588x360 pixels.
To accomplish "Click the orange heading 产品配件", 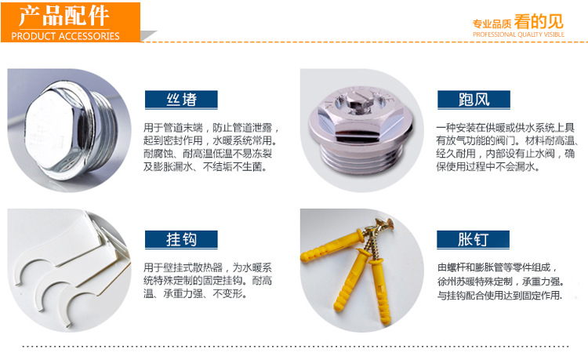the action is (64, 16).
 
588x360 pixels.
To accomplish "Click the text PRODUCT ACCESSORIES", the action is (65, 36).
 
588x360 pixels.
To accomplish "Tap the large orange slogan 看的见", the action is (539, 21).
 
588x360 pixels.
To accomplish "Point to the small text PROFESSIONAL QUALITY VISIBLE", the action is (518, 35).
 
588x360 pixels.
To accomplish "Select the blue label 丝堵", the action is (181, 100).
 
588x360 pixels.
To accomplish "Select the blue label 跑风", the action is (474, 100).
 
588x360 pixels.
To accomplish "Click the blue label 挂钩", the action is (181, 239).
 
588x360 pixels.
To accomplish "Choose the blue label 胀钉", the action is (473, 239).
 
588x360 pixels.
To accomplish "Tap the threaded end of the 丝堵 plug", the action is (104, 131).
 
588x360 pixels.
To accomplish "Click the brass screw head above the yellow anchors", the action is (383, 227).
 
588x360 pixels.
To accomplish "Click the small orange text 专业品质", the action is (492, 24).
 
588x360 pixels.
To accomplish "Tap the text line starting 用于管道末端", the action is (211, 128).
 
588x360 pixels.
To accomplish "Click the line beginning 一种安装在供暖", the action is (505, 128).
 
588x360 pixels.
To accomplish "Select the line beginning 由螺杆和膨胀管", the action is (496, 267).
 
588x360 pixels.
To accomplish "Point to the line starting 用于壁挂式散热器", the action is (208, 267).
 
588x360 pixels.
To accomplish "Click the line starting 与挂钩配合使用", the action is (500, 296).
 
